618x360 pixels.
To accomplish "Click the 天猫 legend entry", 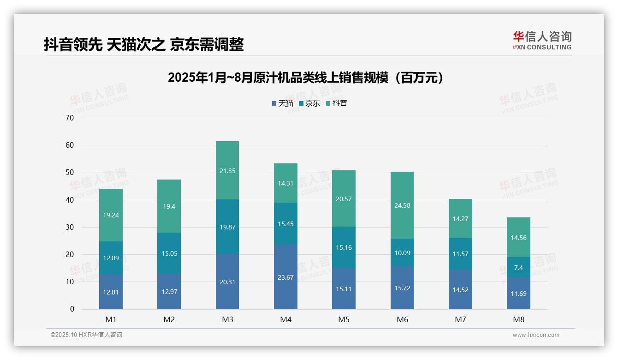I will pos(282,103).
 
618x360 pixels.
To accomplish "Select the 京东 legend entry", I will pos(309,103).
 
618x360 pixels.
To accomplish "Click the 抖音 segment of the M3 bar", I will pos(227,170).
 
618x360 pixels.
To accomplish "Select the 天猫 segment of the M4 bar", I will pos(285,277).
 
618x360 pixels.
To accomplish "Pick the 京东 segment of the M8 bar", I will pos(518,267).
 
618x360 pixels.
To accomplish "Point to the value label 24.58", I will pos(402,205).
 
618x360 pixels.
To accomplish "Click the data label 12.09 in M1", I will pos(111,258).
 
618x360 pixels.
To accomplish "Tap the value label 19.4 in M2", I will pos(169,206).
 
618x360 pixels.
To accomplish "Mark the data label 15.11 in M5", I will pos(344,289).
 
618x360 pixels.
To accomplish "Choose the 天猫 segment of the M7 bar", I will pos(460,289).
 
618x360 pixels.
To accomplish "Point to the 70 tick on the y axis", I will pos(70,118).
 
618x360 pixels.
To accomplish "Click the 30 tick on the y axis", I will pos(70,227).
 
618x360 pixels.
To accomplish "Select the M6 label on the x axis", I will pos(402,319).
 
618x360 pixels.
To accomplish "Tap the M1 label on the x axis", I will pos(111,319).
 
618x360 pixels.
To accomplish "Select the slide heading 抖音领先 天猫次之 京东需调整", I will pos(144,45).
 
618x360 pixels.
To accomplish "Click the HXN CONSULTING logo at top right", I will pos(542,41).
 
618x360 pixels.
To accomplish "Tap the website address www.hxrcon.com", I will pos(536,335).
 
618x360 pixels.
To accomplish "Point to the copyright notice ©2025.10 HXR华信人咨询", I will pos(86,335).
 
